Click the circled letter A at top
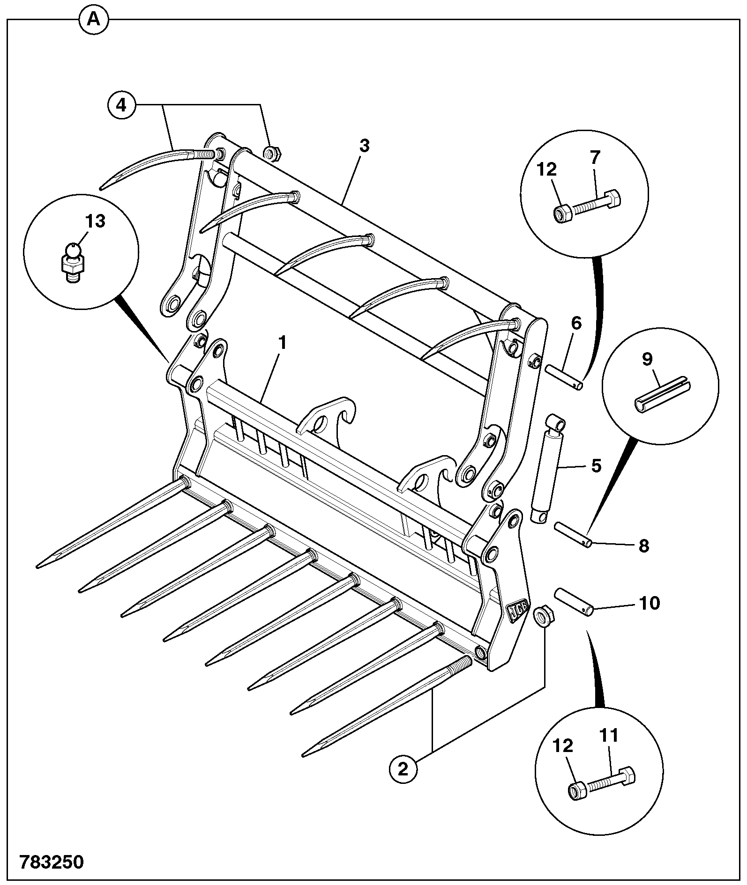click(x=94, y=20)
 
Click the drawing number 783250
click(x=52, y=862)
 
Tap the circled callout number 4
click(x=121, y=104)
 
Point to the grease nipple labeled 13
click(x=72, y=263)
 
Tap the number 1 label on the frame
click(x=282, y=343)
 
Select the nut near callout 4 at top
click(x=272, y=153)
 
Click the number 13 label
click(x=95, y=221)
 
